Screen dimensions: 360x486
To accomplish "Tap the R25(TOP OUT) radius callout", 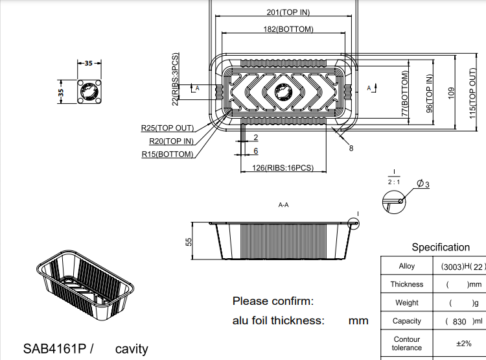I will [x=167, y=128].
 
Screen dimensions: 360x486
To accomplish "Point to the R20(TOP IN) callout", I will [x=171, y=141].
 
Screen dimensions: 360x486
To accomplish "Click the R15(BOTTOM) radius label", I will [x=168, y=154].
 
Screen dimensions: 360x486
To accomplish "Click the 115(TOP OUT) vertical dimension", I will [x=472, y=91].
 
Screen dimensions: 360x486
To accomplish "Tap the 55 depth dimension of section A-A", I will [x=189, y=241].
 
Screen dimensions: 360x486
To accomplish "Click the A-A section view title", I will [x=283, y=205].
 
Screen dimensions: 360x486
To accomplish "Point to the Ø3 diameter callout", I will [x=424, y=184].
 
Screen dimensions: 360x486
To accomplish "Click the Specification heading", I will [x=441, y=247].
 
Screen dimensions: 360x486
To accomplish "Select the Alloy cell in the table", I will [x=407, y=267].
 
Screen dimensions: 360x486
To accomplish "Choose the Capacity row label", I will [x=407, y=321].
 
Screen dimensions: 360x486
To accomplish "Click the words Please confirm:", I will [x=273, y=301].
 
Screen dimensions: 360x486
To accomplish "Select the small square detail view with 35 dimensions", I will [x=89, y=91].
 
